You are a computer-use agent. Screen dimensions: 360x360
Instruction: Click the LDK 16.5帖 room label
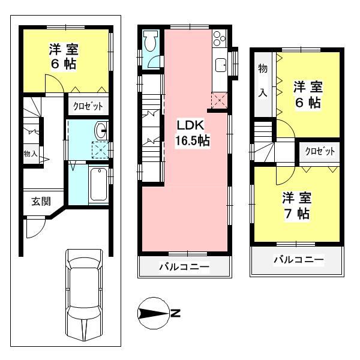coord(192,133)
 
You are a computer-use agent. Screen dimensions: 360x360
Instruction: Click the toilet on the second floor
coord(151,41)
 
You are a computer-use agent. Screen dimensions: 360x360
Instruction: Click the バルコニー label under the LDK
coord(185,266)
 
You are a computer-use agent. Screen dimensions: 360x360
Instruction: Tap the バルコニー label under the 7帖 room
coord(298,260)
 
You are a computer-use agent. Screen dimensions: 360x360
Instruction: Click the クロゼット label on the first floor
coord(88,106)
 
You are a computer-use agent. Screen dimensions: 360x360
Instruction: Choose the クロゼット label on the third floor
coord(318,151)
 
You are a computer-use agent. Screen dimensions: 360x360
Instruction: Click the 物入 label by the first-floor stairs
coord(31,154)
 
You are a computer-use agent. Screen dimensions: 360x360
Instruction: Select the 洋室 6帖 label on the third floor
coord(307,94)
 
